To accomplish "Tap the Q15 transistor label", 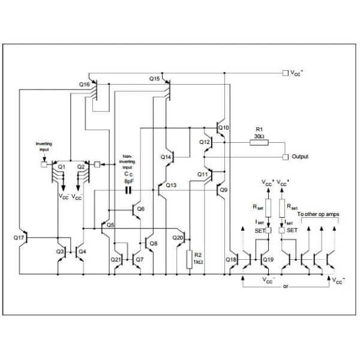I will click(154, 79).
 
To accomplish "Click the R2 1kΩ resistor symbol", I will click(190, 259).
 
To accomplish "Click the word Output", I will click(299, 157).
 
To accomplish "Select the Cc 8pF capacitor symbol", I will click(128, 191).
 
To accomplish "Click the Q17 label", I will click(19, 238).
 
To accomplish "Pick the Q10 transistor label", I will click(223, 128).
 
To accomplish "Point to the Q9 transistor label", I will click(223, 190).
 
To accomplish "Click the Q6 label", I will click(141, 209).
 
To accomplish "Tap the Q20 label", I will click(178, 238).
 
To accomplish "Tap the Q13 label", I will click(172, 185).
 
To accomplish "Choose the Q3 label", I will click(60, 251).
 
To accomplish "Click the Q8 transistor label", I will click(154, 243).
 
